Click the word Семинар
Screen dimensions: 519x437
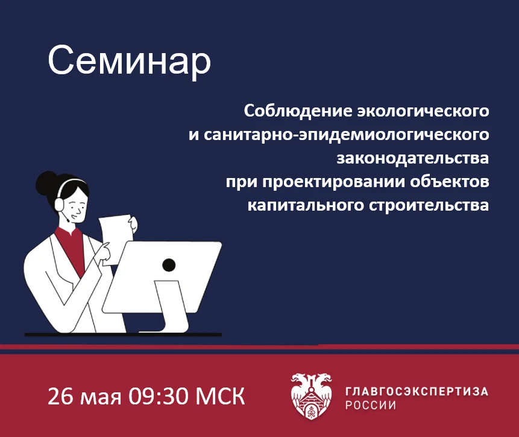click(130, 62)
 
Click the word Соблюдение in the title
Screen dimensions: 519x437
click(298, 111)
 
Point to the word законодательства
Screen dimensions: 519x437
click(413, 158)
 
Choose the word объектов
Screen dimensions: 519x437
click(450, 182)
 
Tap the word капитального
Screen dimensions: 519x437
click(306, 205)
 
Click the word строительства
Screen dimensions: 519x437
click(429, 206)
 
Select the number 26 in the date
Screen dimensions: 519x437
click(60, 396)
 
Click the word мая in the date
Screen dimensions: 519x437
click(101, 398)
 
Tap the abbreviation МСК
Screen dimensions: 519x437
click(221, 396)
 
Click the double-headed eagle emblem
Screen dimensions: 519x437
click(311, 397)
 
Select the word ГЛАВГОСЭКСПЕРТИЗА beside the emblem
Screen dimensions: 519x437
click(417, 391)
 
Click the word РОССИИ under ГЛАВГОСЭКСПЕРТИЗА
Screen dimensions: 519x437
click(371, 405)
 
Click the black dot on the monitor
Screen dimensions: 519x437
click(169, 265)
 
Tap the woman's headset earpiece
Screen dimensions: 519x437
click(59, 204)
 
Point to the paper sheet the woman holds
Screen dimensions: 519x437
click(116, 238)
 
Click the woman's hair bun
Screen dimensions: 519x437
click(46, 183)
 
